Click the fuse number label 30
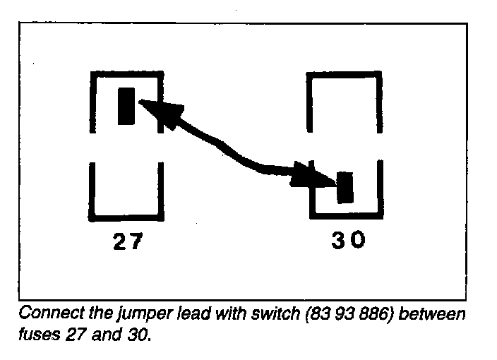[349, 241]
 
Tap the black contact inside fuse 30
[345, 187]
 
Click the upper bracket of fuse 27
[127, 73]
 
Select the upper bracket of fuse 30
[345, 73]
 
